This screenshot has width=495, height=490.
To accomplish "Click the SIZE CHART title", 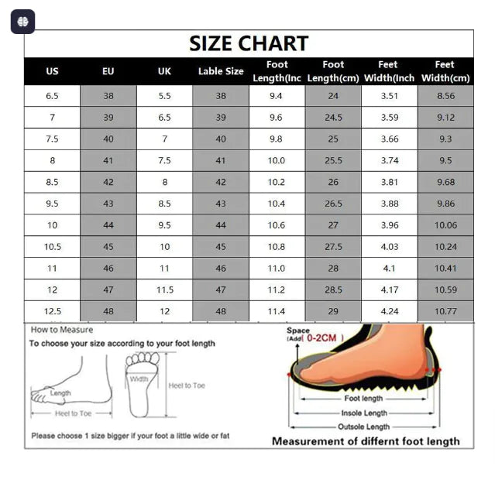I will [249, 43].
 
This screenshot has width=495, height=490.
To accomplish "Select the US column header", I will [52, 71].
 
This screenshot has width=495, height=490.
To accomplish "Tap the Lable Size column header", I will [221, 71].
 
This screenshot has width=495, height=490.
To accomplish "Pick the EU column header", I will [108, 71].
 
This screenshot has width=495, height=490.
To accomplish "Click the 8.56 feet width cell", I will [445, 96].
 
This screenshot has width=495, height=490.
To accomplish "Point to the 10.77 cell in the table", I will [445, 311].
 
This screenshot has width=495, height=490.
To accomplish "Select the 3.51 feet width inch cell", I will [389, 96].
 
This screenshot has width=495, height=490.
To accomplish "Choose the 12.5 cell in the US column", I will [52, 311].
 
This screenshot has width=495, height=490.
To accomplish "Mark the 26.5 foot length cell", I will [333, 204].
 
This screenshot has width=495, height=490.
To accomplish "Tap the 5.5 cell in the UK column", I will [164, 96].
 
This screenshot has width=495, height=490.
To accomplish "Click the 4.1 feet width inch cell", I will [389, 269].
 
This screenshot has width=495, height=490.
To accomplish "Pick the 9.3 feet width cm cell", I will [445, 139].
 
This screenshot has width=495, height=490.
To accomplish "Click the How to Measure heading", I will [62, 330].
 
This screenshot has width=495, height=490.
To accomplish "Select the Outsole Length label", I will [363, 427].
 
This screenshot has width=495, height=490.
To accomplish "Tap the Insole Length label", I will [364, 413].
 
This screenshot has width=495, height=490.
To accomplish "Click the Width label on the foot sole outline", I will [139, 379].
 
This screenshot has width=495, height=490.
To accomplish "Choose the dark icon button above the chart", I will [22, 22].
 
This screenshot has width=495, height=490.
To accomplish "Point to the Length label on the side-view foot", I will [60, 393].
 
